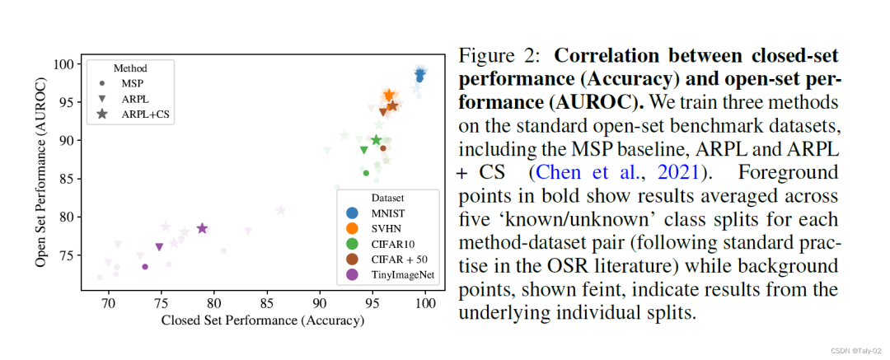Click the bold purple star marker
[202, 228]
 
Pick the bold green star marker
[377, 140]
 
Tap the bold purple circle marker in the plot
[145, 266]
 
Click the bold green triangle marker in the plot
[363, 150]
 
